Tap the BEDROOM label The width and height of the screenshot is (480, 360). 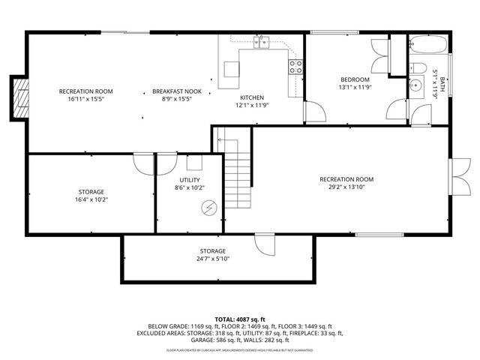pos(355,79)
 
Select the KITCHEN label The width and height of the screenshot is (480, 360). pos(251,98)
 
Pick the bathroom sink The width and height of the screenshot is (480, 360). pos(416,85)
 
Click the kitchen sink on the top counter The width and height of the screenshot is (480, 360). pos(261,43)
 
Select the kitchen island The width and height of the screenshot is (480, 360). pos(231,70)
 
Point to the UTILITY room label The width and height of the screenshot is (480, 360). pos(189,179)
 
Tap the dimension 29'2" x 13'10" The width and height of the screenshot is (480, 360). pos(346,187)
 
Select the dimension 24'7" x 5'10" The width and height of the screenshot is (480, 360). pos(212,259)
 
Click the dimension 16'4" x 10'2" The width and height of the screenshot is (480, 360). pos(91,200)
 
